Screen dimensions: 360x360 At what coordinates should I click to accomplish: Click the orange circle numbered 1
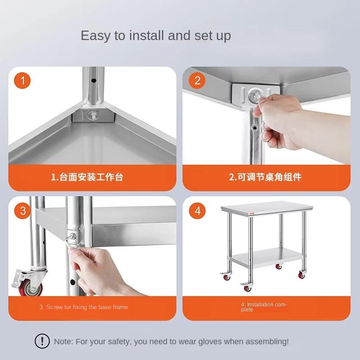click(22, 81)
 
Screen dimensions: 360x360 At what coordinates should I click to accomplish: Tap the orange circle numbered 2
click(197, 81)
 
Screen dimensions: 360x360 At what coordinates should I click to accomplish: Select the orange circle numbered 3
click(22, 211)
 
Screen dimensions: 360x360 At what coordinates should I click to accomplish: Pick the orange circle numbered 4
click(197, 211)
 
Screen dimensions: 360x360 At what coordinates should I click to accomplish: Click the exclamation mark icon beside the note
click(42, 341)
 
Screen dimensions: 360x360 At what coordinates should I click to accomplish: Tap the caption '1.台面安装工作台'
click(87, 177)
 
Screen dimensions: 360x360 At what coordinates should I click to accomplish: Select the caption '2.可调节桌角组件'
click(265, 177)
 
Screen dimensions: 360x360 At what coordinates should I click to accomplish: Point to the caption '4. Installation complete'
click(264, 307)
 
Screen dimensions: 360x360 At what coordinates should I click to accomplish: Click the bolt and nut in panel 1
click(93, 115)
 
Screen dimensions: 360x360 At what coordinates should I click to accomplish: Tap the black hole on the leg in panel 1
click(94, 81)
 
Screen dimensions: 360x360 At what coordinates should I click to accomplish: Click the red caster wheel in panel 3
click(31, 287)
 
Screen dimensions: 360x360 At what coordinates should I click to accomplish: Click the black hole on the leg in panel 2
click(254, 128)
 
